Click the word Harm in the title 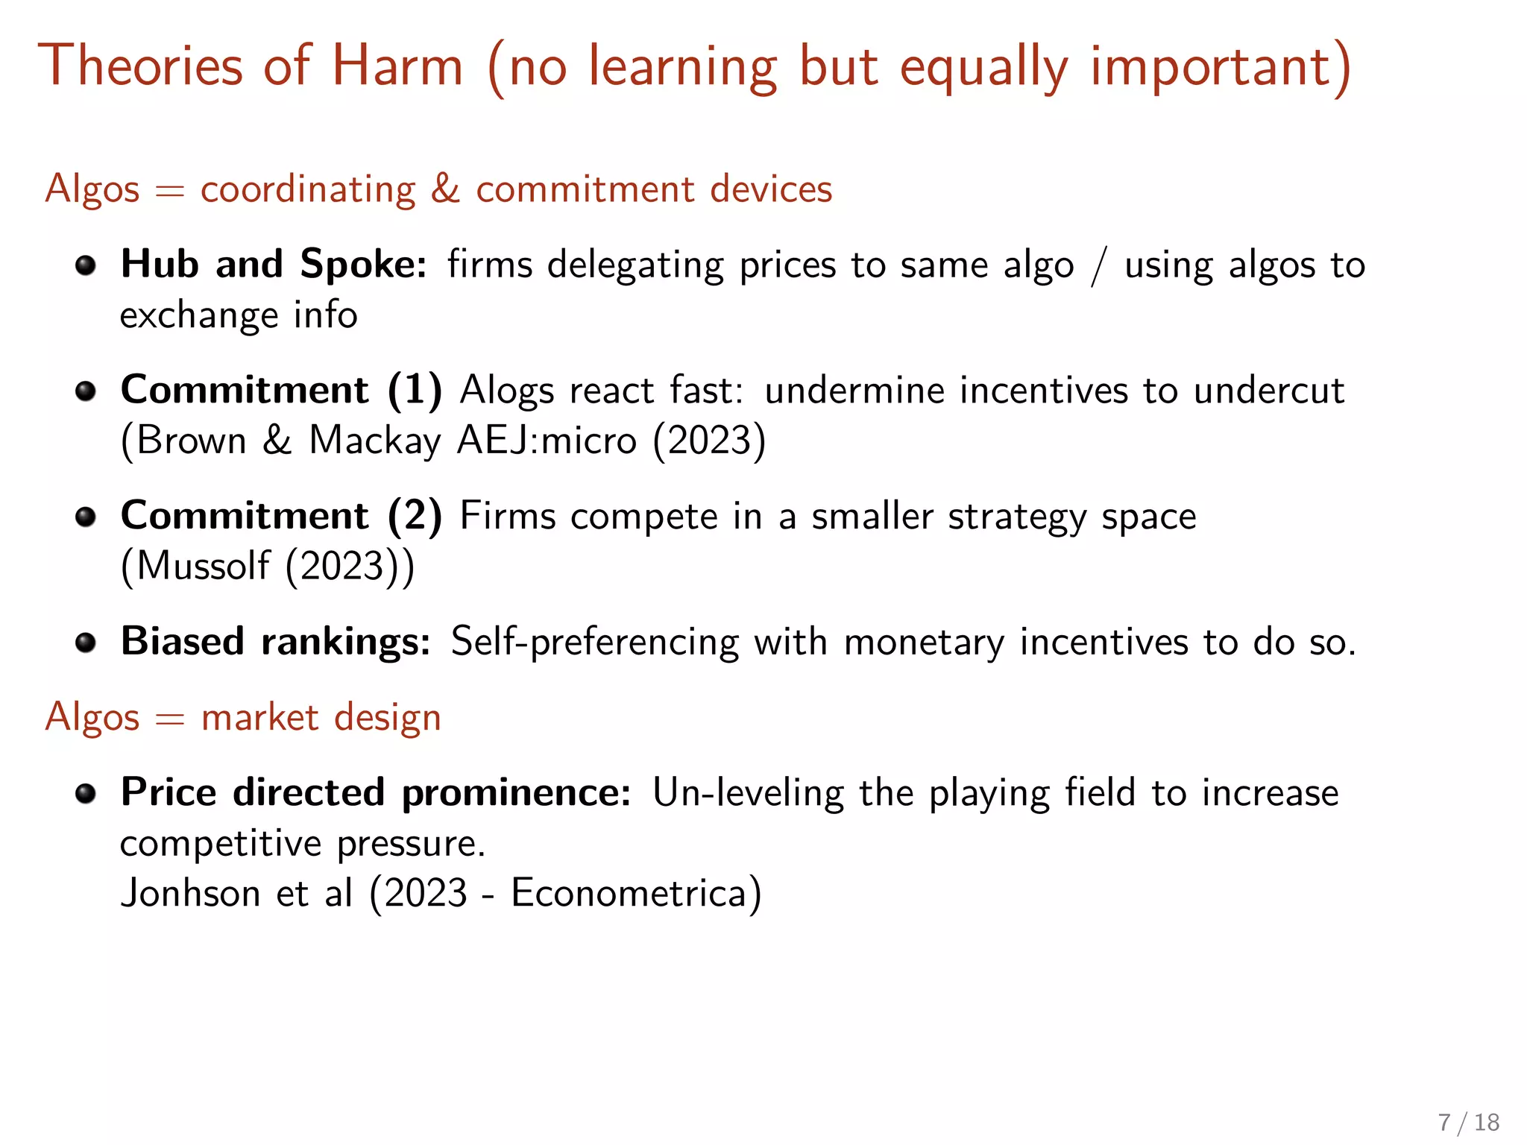coord(397,67)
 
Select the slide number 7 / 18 coord(1468,1122)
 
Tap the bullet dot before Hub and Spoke coord(86,265)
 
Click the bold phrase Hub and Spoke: coord(274,265)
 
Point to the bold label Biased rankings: coord(275,642)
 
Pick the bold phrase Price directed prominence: coord(376,792)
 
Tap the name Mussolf coord(203,566)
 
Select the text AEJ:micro coord(547,440)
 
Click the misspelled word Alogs coord(507,391)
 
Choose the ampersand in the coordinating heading coord(445,189)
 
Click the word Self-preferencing coord(594,642)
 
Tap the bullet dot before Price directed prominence coord(86,793)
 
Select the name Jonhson coord(190,893)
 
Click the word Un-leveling coord(748,792)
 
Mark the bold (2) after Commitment coord(415,516)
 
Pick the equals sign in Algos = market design coord(170,719)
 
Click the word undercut coord(1268,391)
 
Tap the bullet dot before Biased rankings coord(86,643)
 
